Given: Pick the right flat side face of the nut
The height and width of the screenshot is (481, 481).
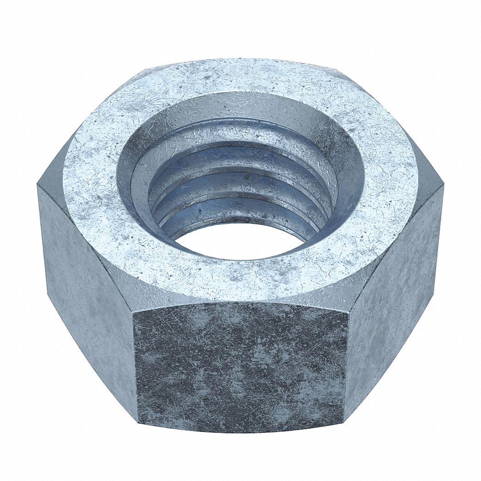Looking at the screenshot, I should click(394, 293).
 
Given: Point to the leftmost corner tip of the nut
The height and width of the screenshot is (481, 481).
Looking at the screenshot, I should click(38, 186).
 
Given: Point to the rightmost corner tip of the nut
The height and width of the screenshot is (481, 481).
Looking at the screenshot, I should click(443, 186).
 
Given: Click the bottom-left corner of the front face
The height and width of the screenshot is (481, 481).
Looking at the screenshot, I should click(138, 419).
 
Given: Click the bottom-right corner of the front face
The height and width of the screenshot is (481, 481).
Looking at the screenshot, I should click(344, 419).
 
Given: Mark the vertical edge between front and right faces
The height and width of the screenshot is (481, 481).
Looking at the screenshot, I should click(346, 362).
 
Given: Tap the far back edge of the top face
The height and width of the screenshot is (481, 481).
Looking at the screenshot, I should click(240, 60).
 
